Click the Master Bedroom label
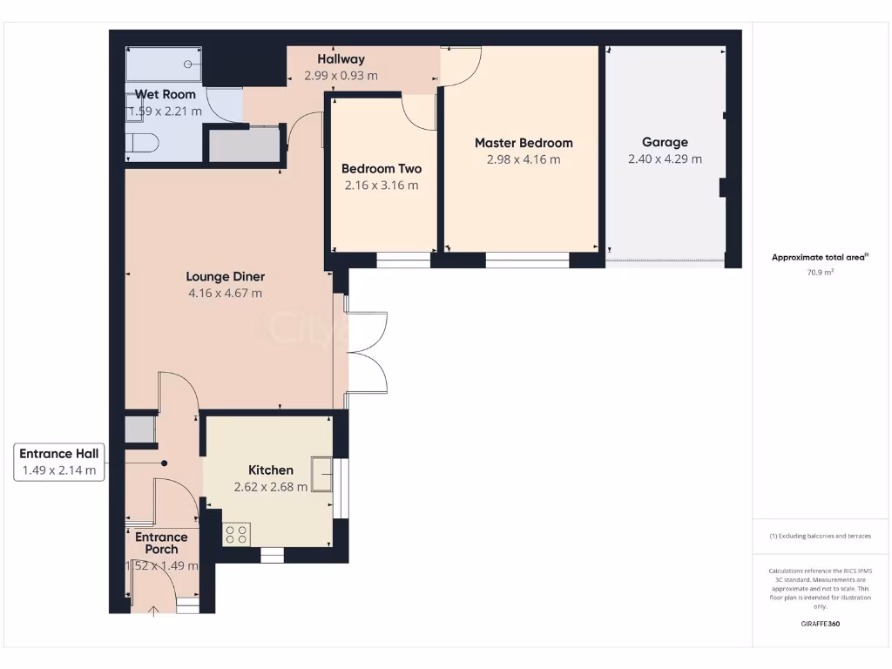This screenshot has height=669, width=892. [x=523, y=143]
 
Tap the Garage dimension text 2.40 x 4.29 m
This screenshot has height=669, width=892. [x=665, y=159]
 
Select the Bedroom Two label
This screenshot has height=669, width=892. [x=381, y=169]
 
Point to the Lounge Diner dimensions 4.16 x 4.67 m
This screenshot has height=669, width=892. [x=225, y=294]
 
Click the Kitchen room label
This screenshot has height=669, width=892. [x=270, y=470]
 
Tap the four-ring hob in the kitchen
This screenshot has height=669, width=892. [x=236, y=534]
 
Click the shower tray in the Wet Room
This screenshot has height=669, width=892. [x=164, y=64]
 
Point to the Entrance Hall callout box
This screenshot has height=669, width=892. [x=60, y=462]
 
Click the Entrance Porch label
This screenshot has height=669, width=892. [x=161, y=544]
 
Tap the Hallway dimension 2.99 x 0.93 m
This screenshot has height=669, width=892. [x=341, y=76]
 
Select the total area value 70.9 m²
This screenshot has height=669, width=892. [x=820, y=273]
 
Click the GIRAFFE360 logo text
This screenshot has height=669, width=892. [x=820, y=624]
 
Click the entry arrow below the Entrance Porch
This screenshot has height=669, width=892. [x=154, y=611]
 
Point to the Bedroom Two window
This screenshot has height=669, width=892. [x=403, y=260]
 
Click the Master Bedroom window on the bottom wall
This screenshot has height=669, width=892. [x=527, y=260]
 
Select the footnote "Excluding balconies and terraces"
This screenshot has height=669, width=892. [x=820, y=536]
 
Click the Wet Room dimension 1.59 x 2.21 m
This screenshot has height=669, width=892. [x=165, y=111]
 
